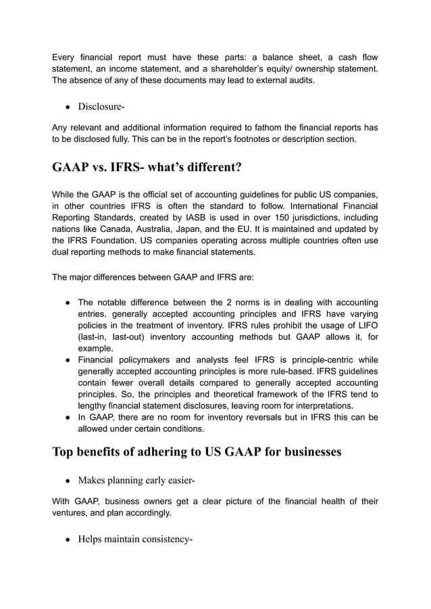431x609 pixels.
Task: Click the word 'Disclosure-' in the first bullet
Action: [101, 107]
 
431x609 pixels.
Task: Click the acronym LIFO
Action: [365, 324]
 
